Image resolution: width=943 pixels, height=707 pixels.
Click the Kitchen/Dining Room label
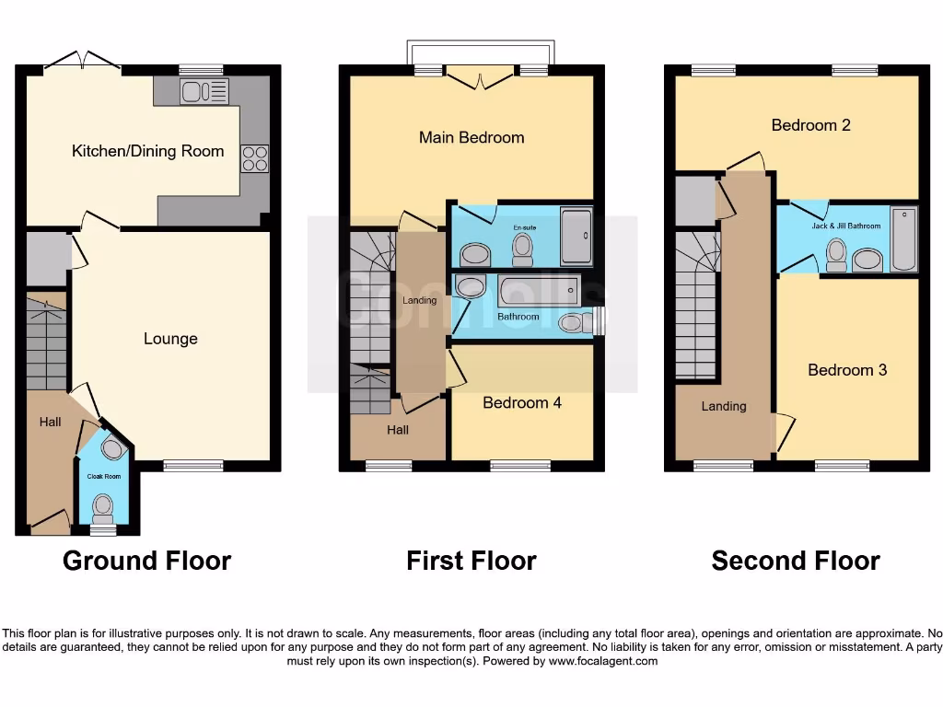pos(147,151)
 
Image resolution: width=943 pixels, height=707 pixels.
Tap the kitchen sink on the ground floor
pos(204,92)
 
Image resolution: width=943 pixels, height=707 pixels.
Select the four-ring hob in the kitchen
pos(255,158)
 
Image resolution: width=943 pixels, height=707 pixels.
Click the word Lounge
pos(170,339)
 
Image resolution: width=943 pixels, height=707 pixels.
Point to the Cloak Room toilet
pos(102,505)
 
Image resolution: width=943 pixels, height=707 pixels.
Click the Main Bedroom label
pos(471,137)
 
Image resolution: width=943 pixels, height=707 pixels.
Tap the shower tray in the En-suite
pos(576,237)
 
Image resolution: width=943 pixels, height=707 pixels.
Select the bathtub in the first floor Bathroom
pos(538,291)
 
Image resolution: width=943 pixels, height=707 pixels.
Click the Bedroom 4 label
pos(521,402)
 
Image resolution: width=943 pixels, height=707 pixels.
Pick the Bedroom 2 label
pos(810,124)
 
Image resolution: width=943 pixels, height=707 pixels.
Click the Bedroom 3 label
pos(847,370)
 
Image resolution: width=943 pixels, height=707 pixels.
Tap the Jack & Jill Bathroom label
pos(846,226)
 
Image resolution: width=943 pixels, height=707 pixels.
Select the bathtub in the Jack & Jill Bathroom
pos(904,241)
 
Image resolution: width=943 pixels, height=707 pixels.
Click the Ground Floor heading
pos(146,560)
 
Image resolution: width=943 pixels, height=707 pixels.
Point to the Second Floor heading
pos(796,560)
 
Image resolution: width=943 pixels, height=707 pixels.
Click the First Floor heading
pos(471,560)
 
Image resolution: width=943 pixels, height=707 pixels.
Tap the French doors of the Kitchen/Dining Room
pos(83,61)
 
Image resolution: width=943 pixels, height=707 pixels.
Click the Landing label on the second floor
pos(724,406)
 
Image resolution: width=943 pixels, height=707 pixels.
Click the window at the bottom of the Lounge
pos(192,465)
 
